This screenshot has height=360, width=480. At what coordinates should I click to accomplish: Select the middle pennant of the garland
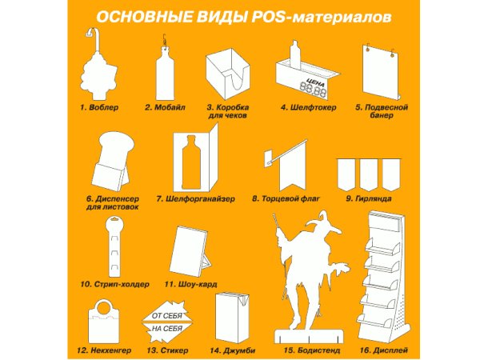click(370, 173)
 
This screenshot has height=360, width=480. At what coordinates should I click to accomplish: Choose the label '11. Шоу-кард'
click(190, 284)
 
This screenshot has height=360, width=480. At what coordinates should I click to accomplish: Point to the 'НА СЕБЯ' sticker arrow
click(169, 329)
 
